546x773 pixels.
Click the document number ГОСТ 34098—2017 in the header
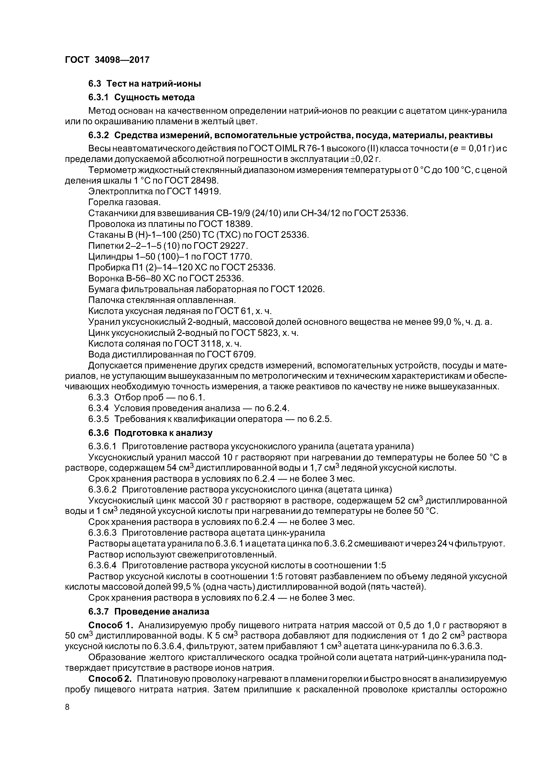point(107,60)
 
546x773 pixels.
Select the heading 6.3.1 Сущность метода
point(141,97)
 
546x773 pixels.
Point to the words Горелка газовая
point(124,202)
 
